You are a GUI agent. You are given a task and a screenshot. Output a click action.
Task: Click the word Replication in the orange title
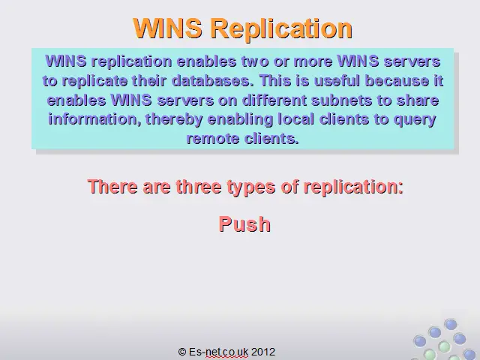[x=282, y=28]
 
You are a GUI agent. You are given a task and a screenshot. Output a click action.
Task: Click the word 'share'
[x=418, y=100]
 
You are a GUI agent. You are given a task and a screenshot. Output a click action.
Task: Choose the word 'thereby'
[x=174, y=120]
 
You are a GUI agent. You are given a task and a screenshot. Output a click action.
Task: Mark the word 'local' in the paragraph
[x=295, y=119]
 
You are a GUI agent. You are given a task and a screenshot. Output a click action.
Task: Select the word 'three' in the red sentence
[x=198, y=187]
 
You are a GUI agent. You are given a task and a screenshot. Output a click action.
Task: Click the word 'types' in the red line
[x=251, y=187]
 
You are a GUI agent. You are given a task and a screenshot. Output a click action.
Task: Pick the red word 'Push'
[x=244, y=224]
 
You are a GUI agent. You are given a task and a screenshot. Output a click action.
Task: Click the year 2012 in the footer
[x=263, y=352]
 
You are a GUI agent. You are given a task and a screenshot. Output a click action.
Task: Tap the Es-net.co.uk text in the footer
[x=218, y=352]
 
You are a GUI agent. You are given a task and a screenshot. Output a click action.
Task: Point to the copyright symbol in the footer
[x=182, y=352]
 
